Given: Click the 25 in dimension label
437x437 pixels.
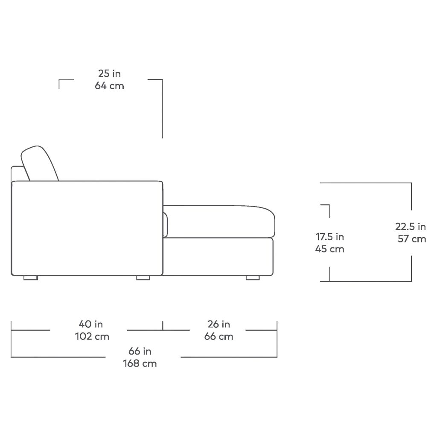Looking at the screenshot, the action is pyautogui.click(x=109, y=73).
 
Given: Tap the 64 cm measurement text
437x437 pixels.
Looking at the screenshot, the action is pyautogui.click(x=109, y=85).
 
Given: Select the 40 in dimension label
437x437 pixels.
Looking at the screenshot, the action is pyautogui.click(x=91, y=324).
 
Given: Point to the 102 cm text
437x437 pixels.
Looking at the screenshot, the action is pyautogui.click(x=92, y=336).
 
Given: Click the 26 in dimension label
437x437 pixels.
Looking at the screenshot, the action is pyautogui.click(x=219, y=324).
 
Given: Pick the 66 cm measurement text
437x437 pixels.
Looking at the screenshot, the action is pyautogui.click(x=219, y=336).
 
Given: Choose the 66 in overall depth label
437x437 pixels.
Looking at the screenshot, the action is pyautogui.click(x=140, y=351).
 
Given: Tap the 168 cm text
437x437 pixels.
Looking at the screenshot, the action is pyautogui.click(x=140, y=364).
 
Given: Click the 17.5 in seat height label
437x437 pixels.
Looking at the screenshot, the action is pyautogui.click(x=330, y=237).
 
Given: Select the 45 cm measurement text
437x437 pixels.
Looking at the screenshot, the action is pyautogui.click(x=330, y=249).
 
